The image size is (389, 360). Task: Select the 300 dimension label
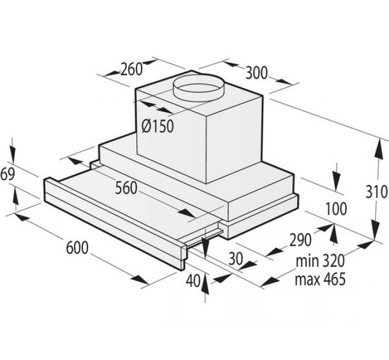[257, 73]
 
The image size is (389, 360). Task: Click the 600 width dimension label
[76, 248]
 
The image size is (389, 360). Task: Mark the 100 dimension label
[335, 209]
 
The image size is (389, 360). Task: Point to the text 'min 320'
[320, 261]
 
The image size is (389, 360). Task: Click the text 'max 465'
[320, 279]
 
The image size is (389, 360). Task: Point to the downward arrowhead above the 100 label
[336, 186]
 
